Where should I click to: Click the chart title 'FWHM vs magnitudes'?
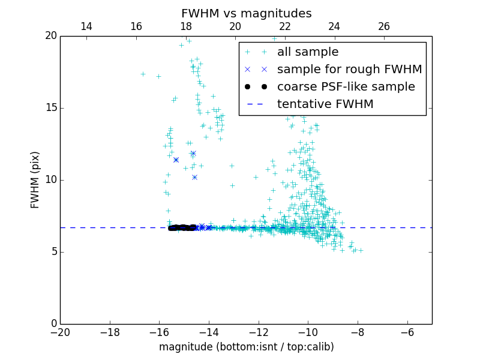tap(246, 13)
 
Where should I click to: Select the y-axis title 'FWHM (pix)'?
tap(35, 180)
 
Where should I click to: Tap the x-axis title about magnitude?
tap(246, 347)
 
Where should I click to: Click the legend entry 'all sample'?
tap(308, 52)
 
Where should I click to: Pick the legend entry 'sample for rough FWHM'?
tap(349, 70)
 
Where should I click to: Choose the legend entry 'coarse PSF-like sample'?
tap(346, 87)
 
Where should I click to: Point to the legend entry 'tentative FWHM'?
tap(325, 104)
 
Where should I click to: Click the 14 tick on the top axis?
tap(86, 26)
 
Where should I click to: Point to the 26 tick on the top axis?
tap(384, 26)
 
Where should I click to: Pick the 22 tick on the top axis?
tap(285, 26)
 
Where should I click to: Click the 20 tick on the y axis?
tap(50, 36)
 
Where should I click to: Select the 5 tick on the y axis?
tap(53, 252)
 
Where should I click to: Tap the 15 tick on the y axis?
tap(50, 108)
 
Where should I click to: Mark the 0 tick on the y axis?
tap(53, 324)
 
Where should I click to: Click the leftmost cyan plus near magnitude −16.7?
tap(143, 74)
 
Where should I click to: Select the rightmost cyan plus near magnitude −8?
tap(361, 250)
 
